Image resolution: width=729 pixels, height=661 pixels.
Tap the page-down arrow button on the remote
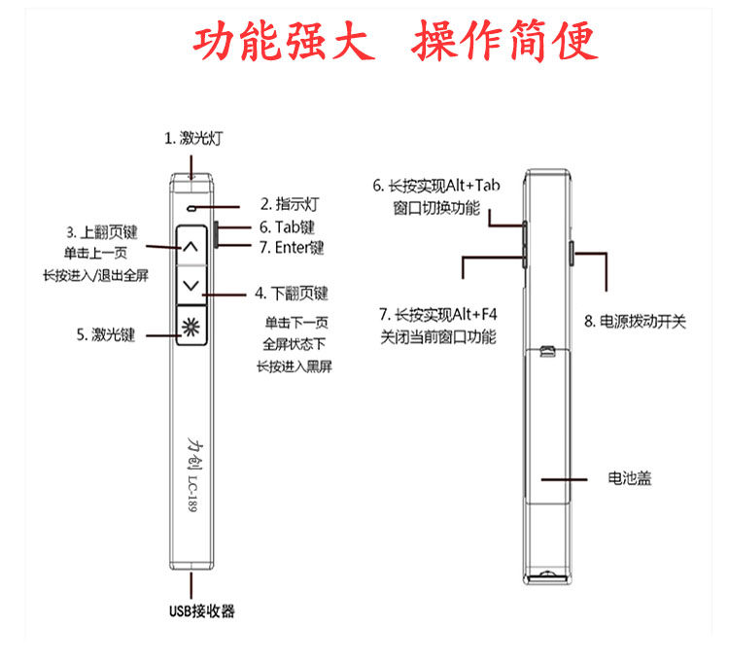[191, 285]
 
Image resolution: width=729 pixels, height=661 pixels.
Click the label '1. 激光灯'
[197, 138]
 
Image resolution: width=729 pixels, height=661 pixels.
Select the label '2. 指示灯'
[291, 204]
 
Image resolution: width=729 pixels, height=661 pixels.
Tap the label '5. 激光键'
[106, 334]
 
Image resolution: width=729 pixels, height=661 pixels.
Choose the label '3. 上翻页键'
[102, 233]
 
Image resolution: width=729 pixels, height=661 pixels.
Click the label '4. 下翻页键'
[293, 293]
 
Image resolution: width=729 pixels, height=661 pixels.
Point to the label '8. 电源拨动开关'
[635, 321]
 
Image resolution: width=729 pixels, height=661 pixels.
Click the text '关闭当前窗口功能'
[437, 337]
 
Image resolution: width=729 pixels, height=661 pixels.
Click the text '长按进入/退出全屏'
[95, 276]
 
